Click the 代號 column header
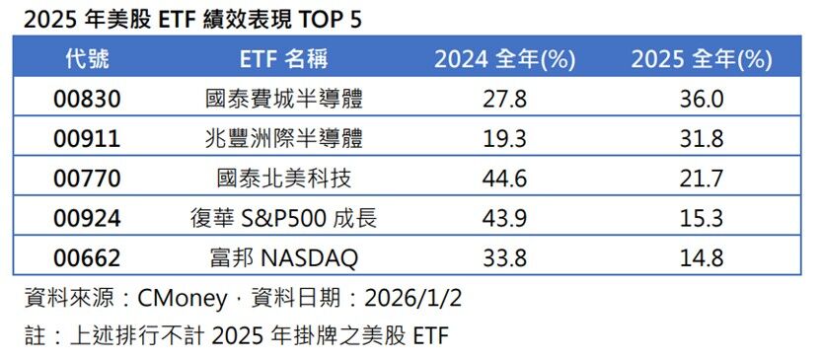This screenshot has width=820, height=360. [87, 59]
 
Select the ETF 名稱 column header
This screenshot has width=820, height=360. [283, 59]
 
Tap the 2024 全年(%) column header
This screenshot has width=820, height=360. [504, 59]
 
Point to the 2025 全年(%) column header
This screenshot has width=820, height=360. [702, 59]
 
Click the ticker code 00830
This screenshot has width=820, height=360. [87, 100]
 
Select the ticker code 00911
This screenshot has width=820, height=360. [87, 139]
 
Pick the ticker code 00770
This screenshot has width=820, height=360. [87, 179]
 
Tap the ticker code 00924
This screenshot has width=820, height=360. [87, 218]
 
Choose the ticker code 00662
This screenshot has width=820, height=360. [87, 258]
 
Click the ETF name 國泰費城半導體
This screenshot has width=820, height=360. [283, 100]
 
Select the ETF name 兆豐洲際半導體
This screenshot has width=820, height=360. [283, 139]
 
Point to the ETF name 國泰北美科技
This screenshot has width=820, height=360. [283, 179]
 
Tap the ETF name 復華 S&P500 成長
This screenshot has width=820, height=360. [283, 218]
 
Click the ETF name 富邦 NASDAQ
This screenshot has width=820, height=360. [283, 258]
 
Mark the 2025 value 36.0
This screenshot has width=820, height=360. [702, 100]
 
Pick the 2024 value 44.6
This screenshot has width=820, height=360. [504, 179]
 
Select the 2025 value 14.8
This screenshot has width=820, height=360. [702, 258]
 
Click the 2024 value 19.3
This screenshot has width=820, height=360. [504, 139]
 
